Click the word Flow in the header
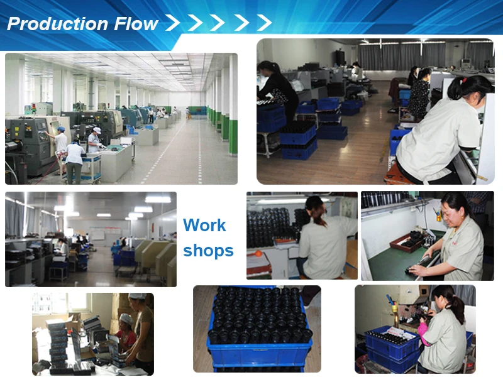tap(136, 25)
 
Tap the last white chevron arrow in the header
tap(264, 23)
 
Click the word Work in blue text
tap(204, 226)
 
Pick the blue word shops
tap(208, 251)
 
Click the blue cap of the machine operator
tap(61, 129)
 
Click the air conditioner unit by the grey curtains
tap(465, 64)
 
